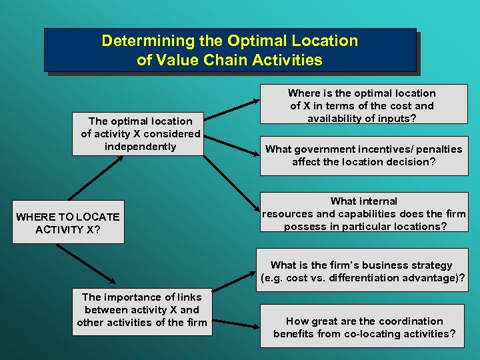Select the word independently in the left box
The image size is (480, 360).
(x=141, y=147)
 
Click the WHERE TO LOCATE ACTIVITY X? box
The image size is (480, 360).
(x=68, y=223)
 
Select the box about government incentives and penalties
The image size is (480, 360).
(x=364, y=156)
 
